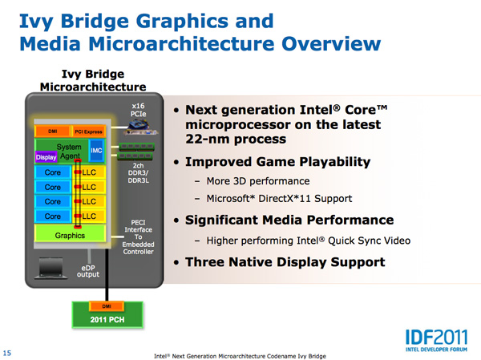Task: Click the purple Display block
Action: coord(46,157)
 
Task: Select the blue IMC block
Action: coord(96,151)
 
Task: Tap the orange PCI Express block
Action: coord(88,131)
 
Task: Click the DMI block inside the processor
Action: coord(52,131)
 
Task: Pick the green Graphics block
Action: coord(70,235)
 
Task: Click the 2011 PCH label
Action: coord(107,320)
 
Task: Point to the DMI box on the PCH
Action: coord(107,306)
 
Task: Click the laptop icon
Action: coord(51,269)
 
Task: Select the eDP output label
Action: coord(88,271)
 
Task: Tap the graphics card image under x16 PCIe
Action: coord(141,127)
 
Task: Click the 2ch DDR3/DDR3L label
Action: coord(139,173)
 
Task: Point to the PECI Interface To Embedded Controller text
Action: coord(138,237)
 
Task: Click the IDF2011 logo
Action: coord(437,341)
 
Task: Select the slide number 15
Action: coord(7,353)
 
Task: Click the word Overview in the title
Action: coord(331,43)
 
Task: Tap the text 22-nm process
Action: coord(236,139)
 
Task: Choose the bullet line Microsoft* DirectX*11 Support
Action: coord(279,199)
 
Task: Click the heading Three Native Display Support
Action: coord(285,262)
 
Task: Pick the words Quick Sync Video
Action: coord(370,241)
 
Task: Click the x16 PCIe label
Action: coord(138,110)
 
